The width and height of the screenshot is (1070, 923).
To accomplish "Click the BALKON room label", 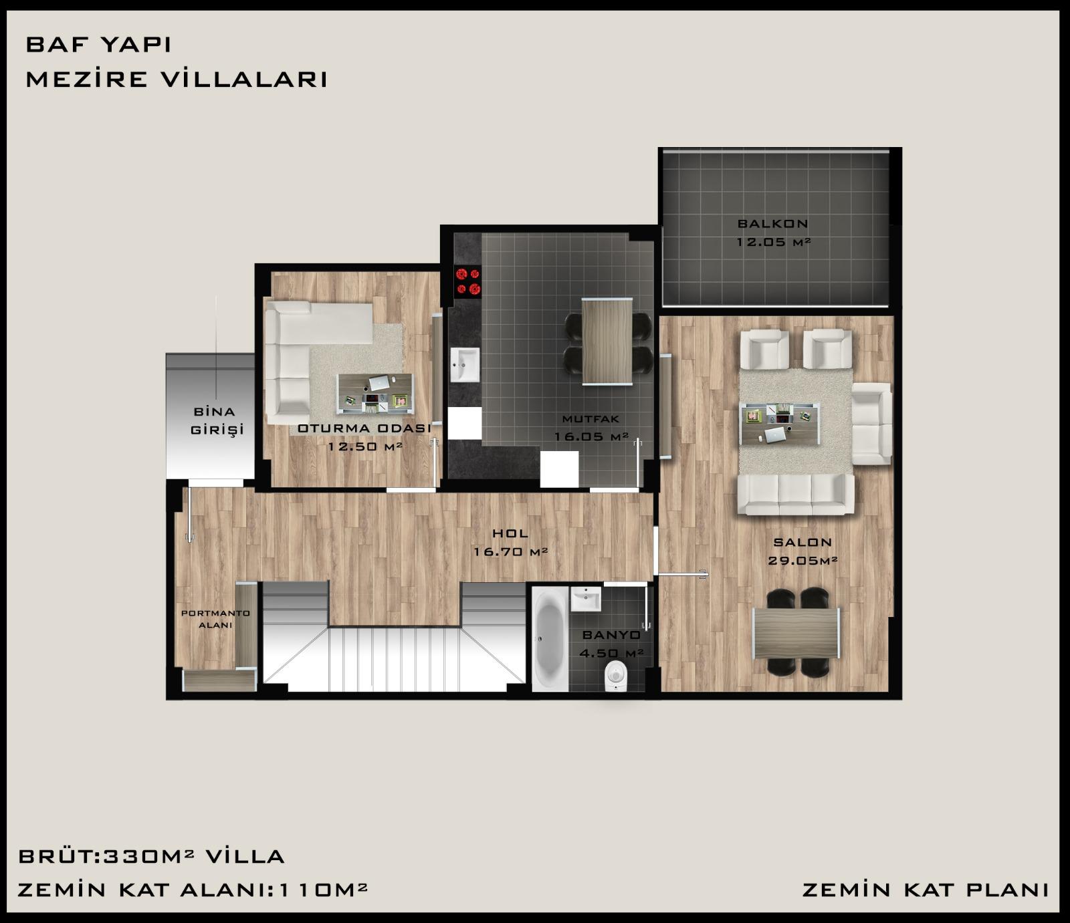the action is coord(772,224).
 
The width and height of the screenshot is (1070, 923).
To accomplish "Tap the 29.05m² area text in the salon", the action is coord(802,561).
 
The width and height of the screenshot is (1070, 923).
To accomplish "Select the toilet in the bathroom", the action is coord(614,676).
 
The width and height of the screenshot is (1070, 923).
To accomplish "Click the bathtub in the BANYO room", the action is coord(550,638).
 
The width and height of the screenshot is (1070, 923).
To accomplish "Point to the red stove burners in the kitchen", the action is coord(467,281).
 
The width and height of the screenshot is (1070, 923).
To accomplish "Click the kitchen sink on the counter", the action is coord(465,365).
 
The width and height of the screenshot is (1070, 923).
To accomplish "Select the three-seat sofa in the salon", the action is coord(796,494).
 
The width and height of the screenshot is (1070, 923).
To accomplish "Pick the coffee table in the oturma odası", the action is coord(374,392).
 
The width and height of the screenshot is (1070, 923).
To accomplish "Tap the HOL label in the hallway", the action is coord(510,533).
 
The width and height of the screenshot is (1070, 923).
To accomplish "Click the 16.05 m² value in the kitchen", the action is coord(591,437).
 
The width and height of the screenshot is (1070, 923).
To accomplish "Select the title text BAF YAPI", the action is coord(98,45).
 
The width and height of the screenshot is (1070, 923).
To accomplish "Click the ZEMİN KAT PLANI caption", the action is coord(925,890).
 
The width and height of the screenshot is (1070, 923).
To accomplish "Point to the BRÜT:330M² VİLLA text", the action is coord(152,856).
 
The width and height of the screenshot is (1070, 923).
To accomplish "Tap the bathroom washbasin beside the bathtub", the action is coord(586,599).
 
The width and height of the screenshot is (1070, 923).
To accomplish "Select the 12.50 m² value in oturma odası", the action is coord(364,446).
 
